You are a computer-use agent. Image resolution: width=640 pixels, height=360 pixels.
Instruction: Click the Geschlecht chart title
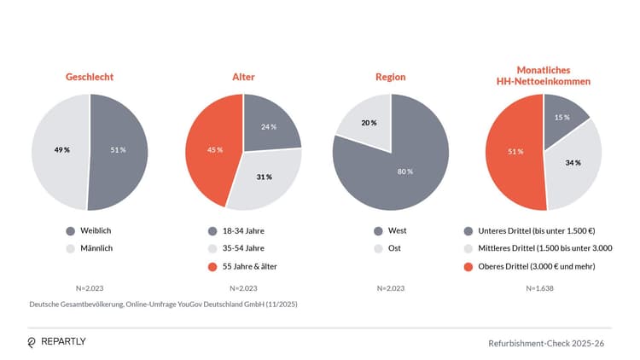pos(90,77)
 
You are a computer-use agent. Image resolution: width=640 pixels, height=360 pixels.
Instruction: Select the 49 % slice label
pos(61,150)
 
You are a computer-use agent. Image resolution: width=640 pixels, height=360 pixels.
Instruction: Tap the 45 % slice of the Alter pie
pos(214,150)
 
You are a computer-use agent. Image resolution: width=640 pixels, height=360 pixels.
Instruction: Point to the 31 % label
pos(265,177)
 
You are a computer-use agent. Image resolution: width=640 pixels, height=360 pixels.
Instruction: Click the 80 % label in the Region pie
pos(404,171)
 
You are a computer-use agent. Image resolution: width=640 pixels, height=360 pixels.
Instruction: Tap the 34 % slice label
pos(572,162)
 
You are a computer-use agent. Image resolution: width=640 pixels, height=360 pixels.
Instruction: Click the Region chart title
pos(391,77)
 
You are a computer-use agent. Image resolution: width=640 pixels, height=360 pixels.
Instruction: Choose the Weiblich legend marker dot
pos(70,230)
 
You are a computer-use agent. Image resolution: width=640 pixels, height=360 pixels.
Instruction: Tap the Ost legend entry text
pos(395,248)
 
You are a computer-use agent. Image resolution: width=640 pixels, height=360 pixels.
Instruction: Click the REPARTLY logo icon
pos(32,342)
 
